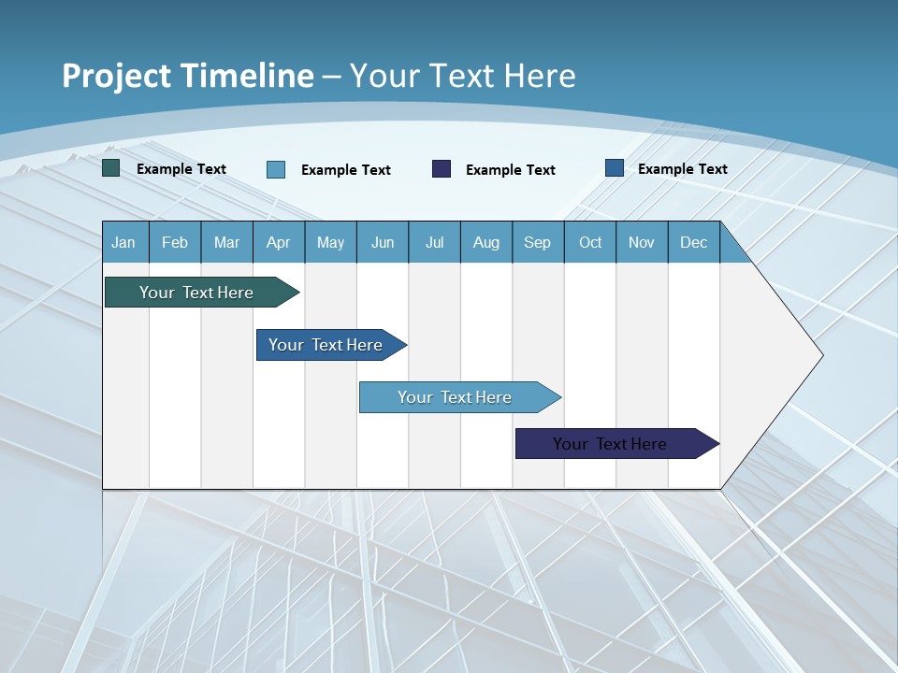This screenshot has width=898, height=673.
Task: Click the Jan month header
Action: (x=123, y=243)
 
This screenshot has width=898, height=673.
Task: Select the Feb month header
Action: (x=175, y=243)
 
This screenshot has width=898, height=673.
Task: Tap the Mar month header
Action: (x=226, y=243)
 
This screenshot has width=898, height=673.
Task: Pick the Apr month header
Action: (x=279, y=243)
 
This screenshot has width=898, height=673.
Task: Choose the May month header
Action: (x=330, y=243)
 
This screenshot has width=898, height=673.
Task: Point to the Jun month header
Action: (x=383, y=243)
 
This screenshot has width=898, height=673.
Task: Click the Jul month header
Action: (x=434, y=243)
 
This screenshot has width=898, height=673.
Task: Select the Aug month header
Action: (x=486, y=243)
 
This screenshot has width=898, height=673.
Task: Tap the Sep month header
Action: (x=538, y=243)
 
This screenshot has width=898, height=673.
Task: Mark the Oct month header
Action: (x=590, y=243)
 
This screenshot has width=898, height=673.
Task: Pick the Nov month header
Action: (x=642, y=243)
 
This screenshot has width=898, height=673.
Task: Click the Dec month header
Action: (x=694, y=243)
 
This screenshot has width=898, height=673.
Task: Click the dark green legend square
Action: (x=111, y=168)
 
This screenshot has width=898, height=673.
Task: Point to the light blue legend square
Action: (x=276, y=169)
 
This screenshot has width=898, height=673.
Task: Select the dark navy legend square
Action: (x=442, y=168)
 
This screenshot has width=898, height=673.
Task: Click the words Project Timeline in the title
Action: (x=188, y=76)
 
